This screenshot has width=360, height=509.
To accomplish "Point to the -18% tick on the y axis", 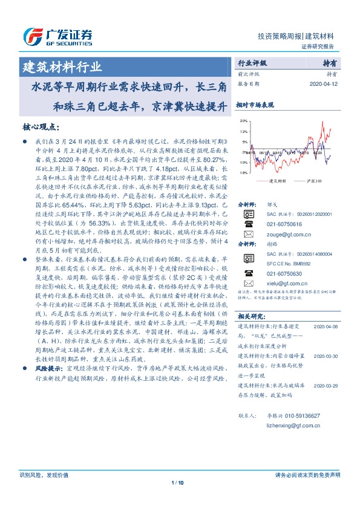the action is tap(243, 173).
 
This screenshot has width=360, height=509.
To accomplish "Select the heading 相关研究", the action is tap(250, 316).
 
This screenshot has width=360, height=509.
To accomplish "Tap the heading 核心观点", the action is tap(41, 128).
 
